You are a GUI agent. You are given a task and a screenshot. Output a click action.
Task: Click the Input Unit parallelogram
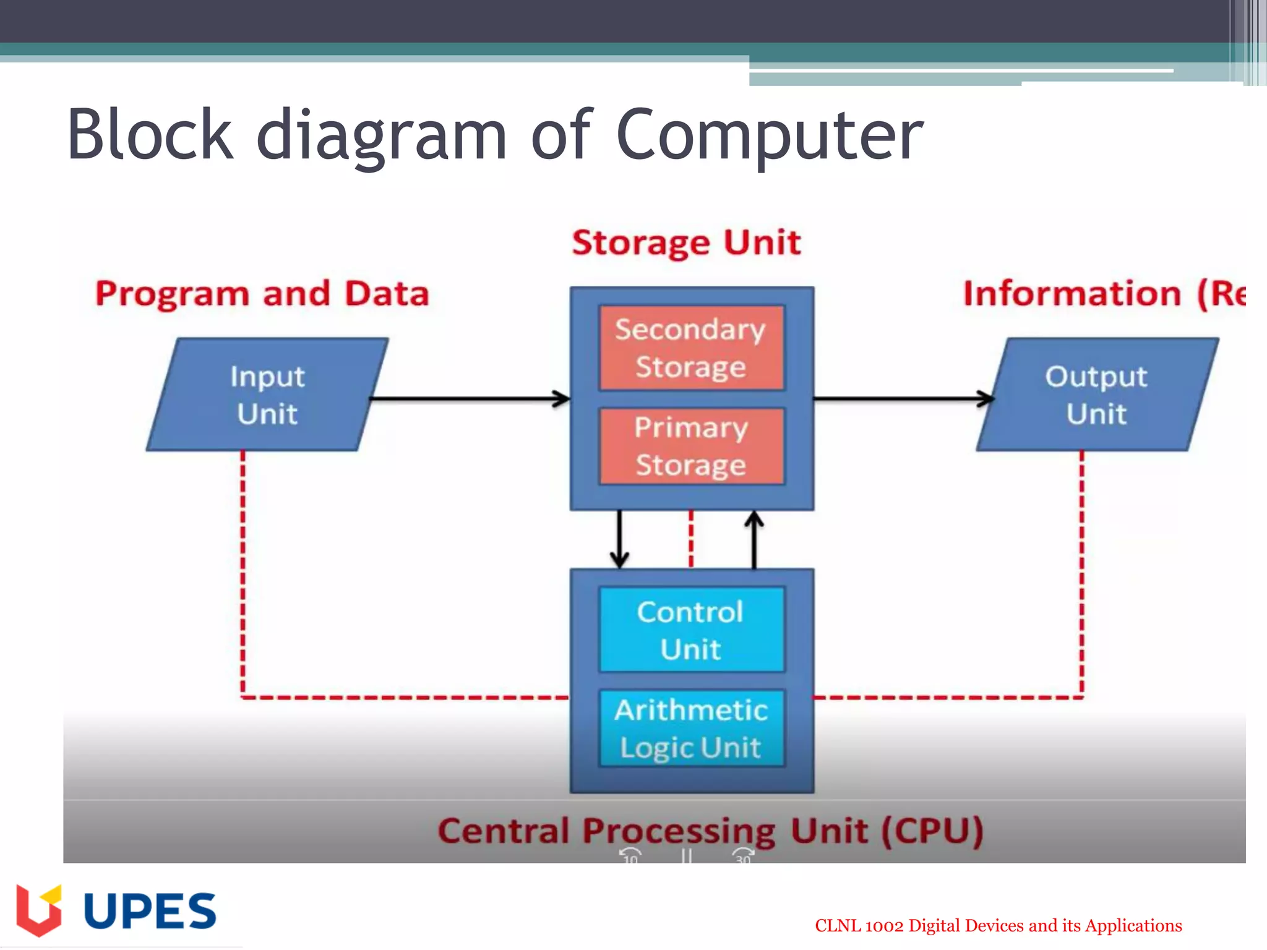267,395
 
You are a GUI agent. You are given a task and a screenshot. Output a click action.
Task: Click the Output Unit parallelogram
1097,395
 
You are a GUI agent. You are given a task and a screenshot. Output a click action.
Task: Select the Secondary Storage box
692,348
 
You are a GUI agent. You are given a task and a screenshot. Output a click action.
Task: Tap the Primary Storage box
692,446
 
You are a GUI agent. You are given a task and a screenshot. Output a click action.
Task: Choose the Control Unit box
692,630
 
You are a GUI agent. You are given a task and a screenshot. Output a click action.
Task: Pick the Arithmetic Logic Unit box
692,729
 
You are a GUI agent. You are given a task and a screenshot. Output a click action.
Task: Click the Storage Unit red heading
686,242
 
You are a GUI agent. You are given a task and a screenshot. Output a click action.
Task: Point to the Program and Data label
262,294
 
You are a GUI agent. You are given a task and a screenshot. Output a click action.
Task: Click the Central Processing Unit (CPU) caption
710,831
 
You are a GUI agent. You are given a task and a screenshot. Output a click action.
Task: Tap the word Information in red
1072,294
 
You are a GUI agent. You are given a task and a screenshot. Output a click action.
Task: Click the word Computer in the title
770,135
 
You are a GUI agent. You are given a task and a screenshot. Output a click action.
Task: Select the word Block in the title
150,135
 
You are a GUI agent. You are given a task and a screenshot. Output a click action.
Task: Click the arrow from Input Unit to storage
470,399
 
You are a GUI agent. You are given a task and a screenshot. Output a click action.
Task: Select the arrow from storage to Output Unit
903,399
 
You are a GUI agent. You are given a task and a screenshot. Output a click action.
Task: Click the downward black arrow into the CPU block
619,538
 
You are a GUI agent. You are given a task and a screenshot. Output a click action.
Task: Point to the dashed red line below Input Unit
243,575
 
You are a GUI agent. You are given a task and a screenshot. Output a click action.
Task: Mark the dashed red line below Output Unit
1081,575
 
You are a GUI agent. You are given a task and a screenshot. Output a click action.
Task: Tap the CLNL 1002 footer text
998,926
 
